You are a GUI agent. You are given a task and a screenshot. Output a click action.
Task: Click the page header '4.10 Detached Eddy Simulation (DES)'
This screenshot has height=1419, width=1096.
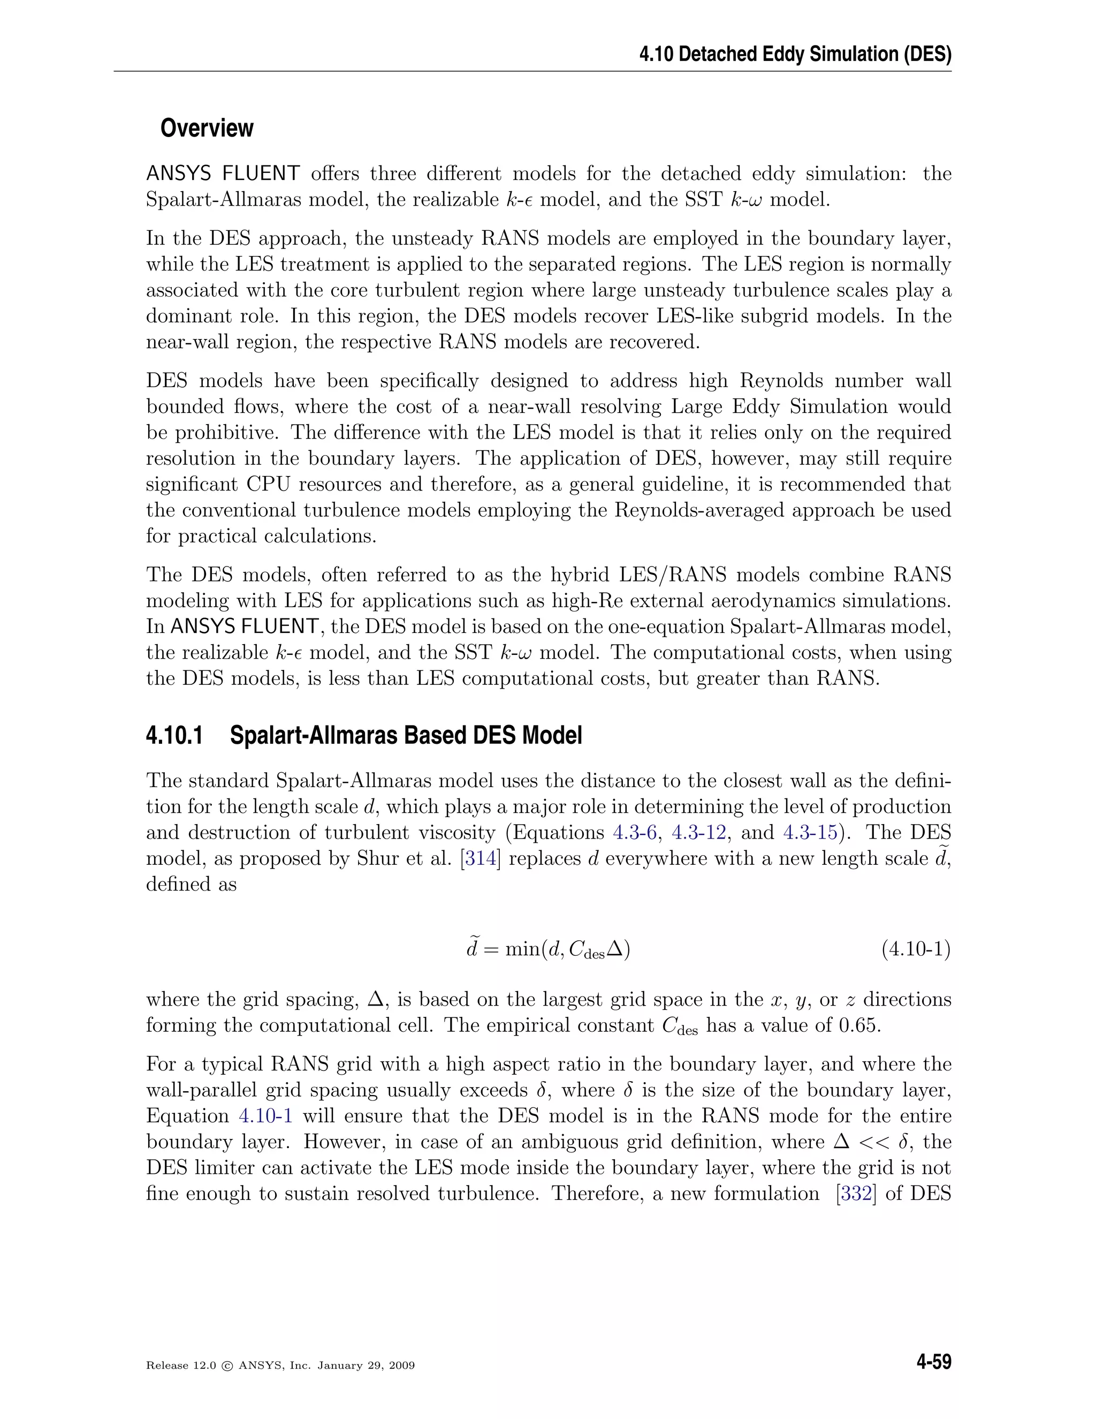[795, 54]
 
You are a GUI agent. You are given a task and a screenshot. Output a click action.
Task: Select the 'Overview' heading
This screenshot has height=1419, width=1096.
[207, 128]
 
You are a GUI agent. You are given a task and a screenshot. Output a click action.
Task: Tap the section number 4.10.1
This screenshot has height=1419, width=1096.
[174, 736]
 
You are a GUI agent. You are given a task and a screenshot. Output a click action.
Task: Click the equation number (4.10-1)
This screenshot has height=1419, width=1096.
[916, 949]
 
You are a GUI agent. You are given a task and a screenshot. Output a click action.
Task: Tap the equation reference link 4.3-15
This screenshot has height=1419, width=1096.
[810, 832]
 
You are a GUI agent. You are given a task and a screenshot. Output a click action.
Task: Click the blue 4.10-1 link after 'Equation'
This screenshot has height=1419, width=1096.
[265, 1115]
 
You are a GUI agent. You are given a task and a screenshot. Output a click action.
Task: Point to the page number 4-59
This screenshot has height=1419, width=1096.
[933, 1362]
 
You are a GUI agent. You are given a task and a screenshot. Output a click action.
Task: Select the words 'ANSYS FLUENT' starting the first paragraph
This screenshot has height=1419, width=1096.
[223, 173]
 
